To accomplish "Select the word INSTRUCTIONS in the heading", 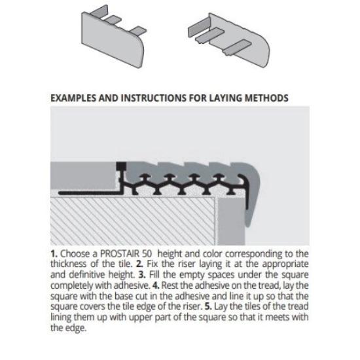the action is (154, 98).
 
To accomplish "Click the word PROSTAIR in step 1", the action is (120, 254).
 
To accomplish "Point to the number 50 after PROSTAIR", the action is (147, 254).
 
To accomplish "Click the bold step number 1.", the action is (54, 254).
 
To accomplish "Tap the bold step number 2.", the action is (139, 264).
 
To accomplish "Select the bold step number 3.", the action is (141, 275).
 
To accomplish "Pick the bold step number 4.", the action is (156, 285).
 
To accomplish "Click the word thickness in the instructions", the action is (69, 264).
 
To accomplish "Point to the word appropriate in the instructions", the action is (285, 264).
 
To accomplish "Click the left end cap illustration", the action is (114, 37).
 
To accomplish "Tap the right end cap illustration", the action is (229, 40).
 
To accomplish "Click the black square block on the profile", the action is (121, 167).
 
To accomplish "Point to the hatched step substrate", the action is (133, 221).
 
